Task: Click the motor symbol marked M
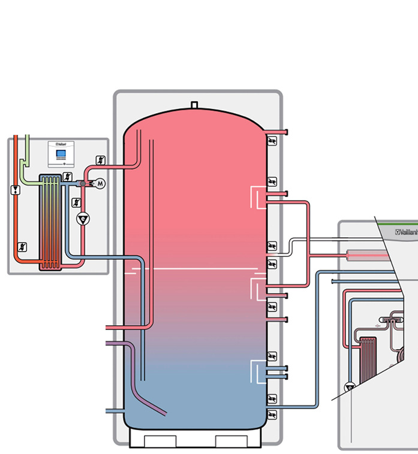click(100, 183)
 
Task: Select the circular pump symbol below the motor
click(82, 219)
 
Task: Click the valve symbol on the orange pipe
click(15, 190)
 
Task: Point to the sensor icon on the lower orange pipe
click(22, 246)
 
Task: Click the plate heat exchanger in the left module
click(50, 223)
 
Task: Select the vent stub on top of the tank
click(194, 105)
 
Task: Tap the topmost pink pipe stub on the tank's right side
click(279, 132)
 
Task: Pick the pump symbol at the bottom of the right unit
click(349, 388)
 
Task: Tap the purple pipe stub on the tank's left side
click(114, 343)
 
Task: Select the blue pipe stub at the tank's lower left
click(113, 411)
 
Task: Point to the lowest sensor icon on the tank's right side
click(272, 414)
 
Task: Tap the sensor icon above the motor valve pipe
click(100, 161)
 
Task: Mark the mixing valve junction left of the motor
click(83, 182)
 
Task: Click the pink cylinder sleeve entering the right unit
click(365, 256)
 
